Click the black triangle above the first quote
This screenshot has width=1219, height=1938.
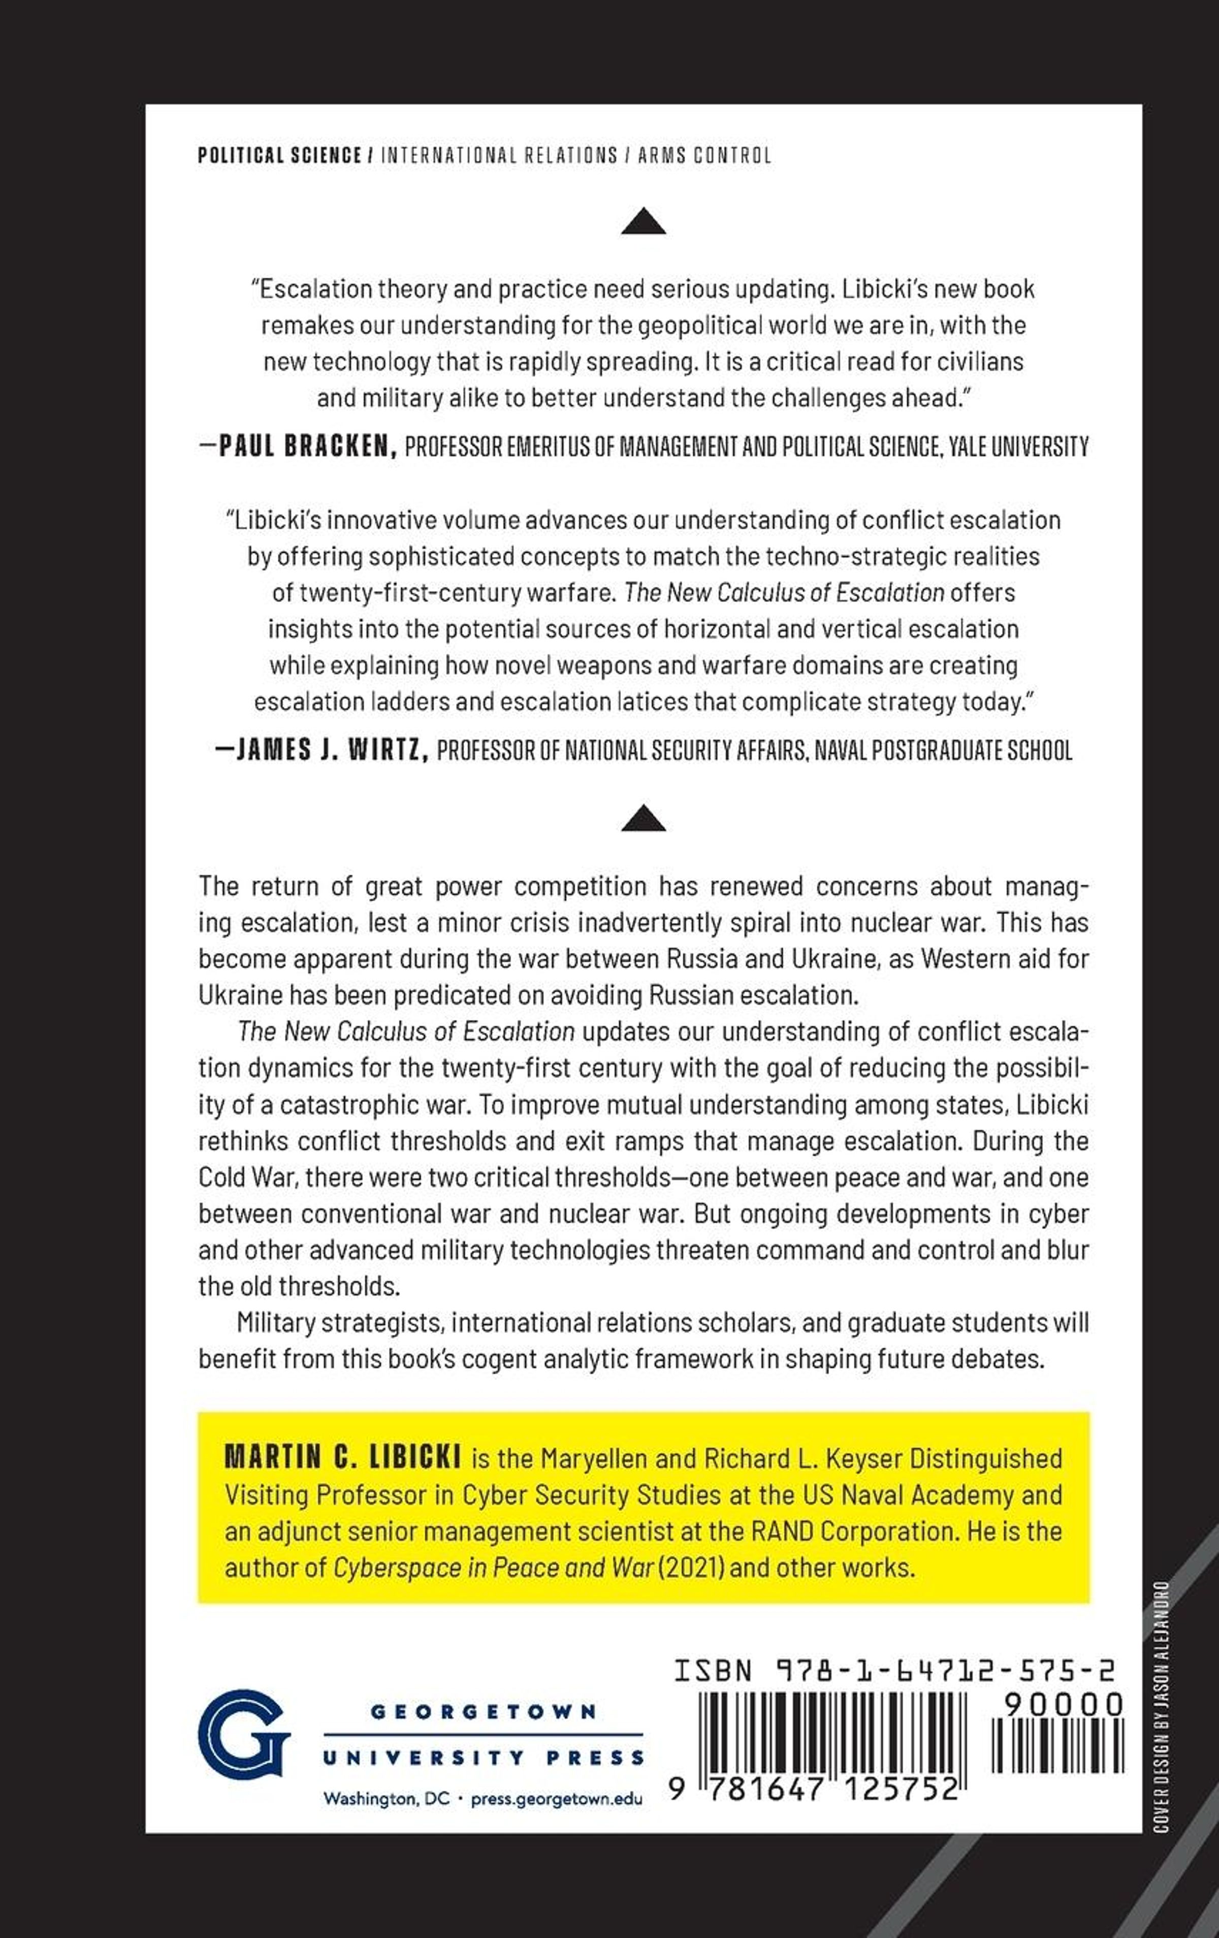pyautogui.click(x=644, y=222)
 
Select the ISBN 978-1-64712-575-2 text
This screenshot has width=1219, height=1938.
pyautogui.click(x=894, y=1672)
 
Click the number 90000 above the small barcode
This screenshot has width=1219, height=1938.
pyautogui.click(x=1063, y=1704)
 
